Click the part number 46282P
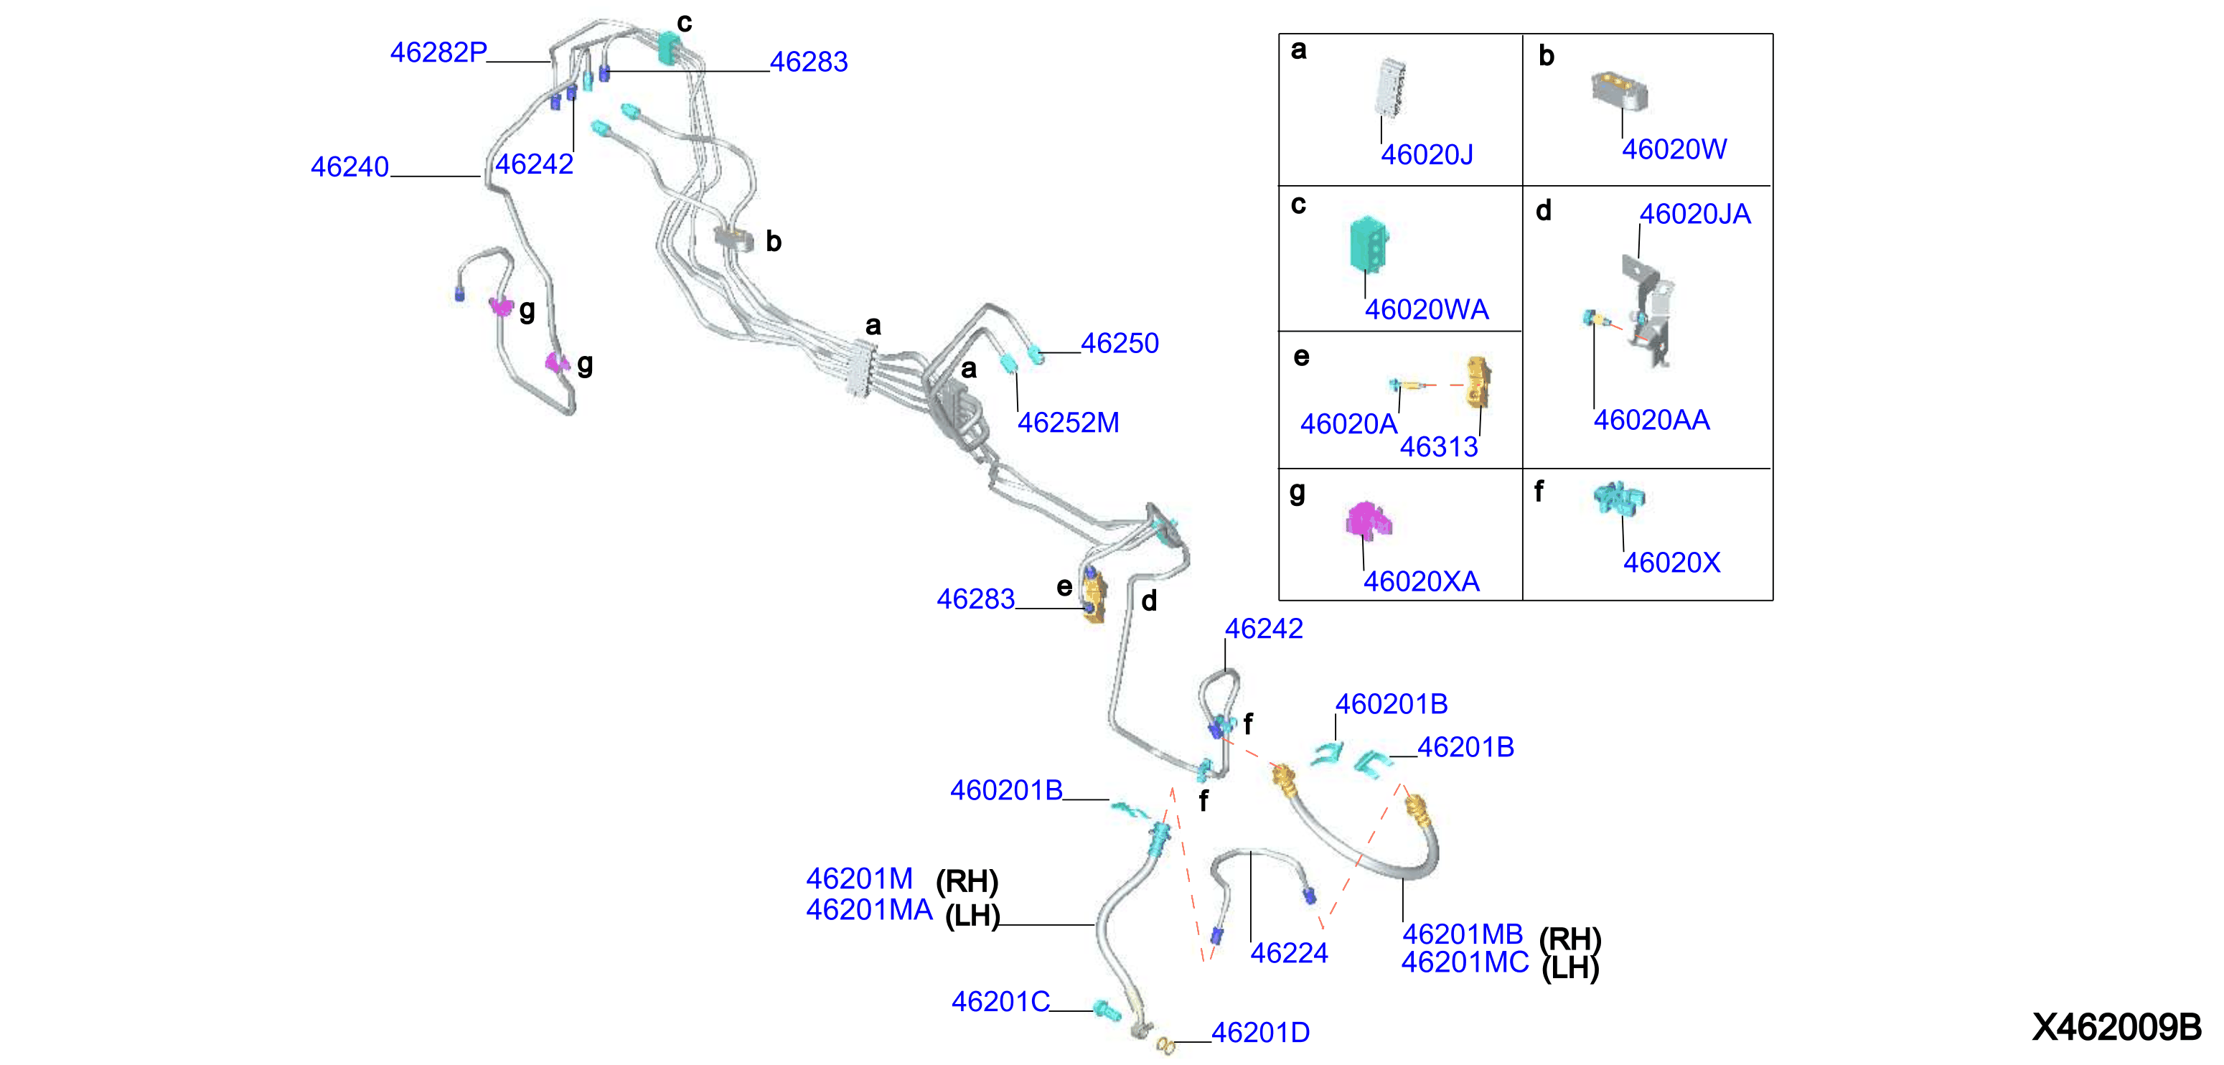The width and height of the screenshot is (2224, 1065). coord(438,52)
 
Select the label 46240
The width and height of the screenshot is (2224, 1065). coord(349,166)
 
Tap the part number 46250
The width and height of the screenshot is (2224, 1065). coord(1120,344)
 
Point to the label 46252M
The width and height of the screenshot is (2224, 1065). coord(1068,423)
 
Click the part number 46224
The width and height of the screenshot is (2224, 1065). coord(1289,953)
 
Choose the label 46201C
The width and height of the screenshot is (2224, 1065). coord(1000,1001)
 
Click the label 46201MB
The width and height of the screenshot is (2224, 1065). coord(1463,934)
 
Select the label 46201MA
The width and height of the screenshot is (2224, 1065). coord(869,910)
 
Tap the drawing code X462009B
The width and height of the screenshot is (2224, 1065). coord(2116,1027)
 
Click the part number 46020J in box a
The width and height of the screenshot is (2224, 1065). coord(1427,154)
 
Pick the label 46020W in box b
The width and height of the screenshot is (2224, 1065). coord(1674,149)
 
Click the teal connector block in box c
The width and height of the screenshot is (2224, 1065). coord(1369,244)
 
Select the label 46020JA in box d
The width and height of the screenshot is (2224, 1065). coord(1695,214)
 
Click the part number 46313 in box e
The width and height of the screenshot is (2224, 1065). coord(1439,447)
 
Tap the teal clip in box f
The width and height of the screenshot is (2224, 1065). coord(1619,498)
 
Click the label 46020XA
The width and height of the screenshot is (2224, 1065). coord(1421,582)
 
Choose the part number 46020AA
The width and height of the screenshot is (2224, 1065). coord(1651,421)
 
